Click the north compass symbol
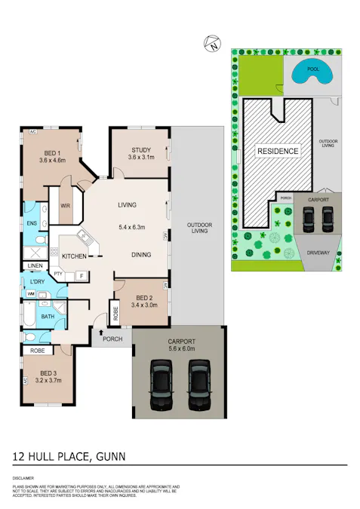[211, 44]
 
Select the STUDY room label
[141, 149]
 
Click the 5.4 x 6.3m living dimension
[131, 226]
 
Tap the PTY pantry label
[58, 274]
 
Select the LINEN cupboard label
[35, 266]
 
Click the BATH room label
[48, 317]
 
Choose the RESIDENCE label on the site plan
[278, 151]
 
